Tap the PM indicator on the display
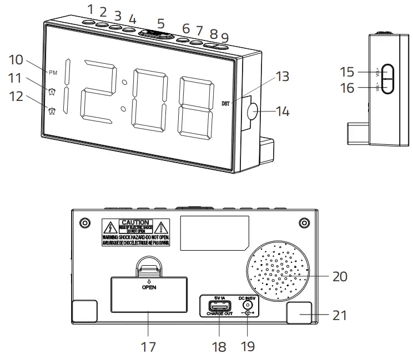click(53, 72)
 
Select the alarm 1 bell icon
click(52, 92)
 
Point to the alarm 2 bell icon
click(52, 110)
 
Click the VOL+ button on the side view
click(388, 72)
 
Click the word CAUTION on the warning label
click(135, 222)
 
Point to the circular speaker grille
click(280, 272)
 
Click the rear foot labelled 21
click(300, 313)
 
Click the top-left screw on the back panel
click(84, 222)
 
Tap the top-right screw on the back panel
click(303, 222)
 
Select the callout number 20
click(339, 276)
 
